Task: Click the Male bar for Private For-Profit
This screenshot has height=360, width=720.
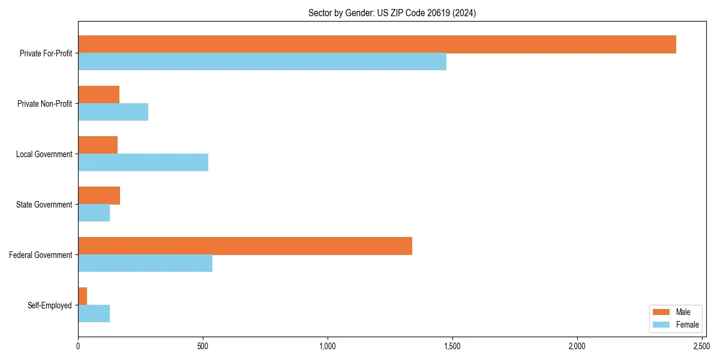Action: point(377,44)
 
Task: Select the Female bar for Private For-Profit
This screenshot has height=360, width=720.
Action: point(262,62)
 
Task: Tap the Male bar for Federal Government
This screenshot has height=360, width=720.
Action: point(245,246)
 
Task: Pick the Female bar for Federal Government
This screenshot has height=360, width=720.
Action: point(145,263)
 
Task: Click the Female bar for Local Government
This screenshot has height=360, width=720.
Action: point(143,163)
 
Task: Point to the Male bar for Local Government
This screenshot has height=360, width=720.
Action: point(98,145)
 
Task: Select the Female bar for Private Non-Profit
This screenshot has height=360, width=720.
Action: point(113,112)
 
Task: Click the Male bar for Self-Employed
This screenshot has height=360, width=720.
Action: point(83,296)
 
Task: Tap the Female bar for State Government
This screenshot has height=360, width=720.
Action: point(94,213)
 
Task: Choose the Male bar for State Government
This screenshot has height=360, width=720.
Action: point(99,196)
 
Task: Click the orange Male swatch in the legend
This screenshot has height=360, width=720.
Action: point(661,312)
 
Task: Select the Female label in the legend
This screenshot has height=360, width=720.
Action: point(687,325)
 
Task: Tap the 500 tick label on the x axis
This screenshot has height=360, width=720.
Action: point(203,346)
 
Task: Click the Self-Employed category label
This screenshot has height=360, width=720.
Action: point(50,305)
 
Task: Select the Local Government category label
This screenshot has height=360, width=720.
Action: point(44,154)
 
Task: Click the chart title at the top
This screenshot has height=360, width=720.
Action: point(392,13)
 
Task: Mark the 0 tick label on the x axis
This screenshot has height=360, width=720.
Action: point(78,346)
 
